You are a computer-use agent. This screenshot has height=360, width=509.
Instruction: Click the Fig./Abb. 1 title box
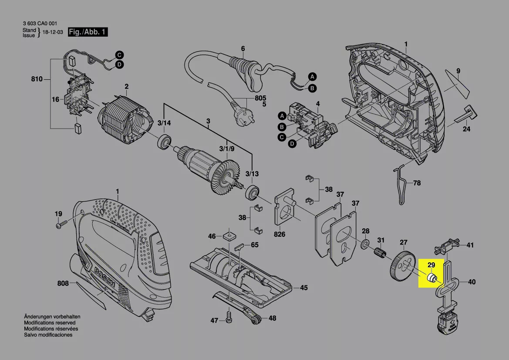tap(88, 32)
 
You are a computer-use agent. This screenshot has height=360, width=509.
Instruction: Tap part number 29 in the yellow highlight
tap(431, 265)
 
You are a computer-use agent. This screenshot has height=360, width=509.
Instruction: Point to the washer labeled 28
tap(365, 244)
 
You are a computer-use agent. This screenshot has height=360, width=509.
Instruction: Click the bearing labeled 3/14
tap(165, 142)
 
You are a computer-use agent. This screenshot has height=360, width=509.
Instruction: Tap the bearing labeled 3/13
tap(252, 193)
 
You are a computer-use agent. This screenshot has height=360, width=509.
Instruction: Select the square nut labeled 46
tap(229, 235)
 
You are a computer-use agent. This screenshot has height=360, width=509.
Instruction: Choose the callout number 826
tap(279, 234)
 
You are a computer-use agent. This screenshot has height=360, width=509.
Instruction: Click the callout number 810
tap(37, 79)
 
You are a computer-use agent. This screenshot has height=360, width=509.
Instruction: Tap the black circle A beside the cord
tap(312, 77)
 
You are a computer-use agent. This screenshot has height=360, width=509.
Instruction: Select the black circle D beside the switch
tap(293, 144)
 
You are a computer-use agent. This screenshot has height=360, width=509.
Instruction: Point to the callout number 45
tap(303, 288)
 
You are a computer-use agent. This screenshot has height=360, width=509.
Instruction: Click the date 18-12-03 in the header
tap(53, 33)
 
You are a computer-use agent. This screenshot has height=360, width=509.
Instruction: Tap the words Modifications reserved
tap(50, 323)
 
